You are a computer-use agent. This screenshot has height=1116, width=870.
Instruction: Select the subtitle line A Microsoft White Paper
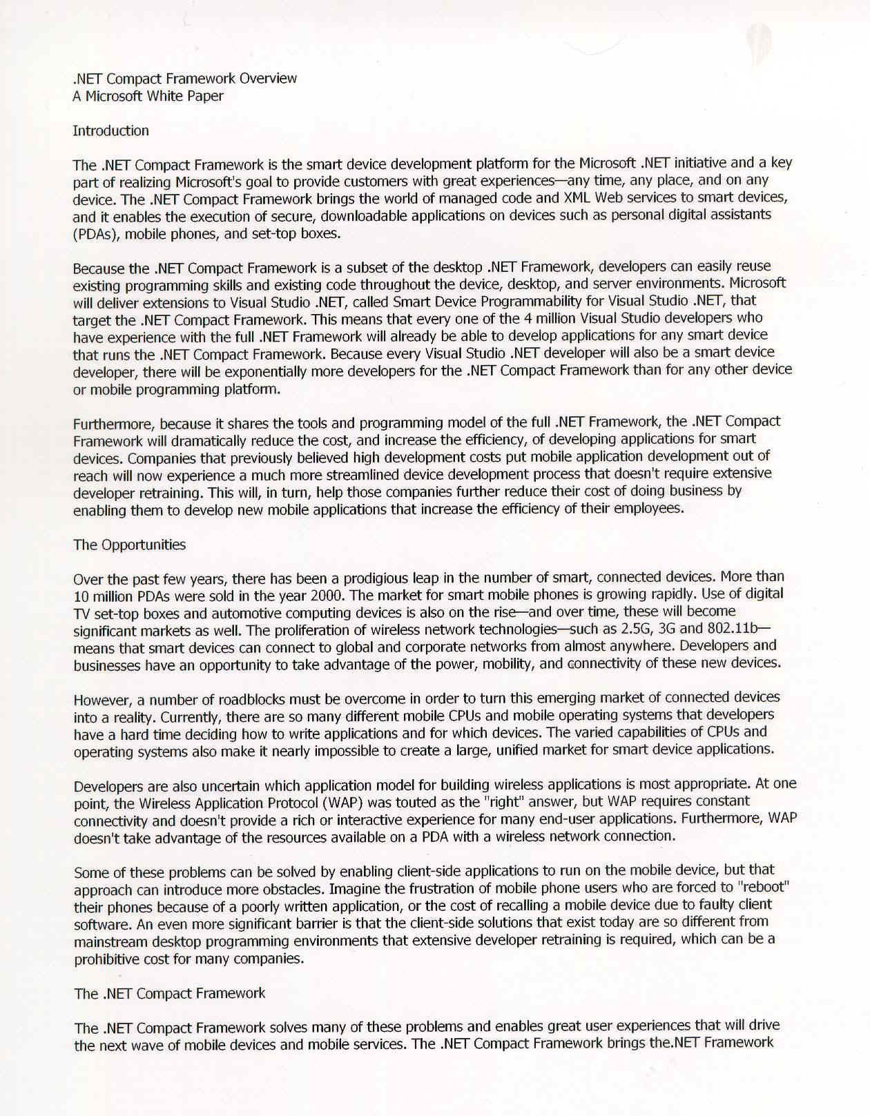(x=148, y=97)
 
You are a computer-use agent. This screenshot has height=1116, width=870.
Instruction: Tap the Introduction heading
(x=110, y=131)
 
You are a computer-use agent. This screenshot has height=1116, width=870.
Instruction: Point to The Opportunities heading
(x=129, y=545)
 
